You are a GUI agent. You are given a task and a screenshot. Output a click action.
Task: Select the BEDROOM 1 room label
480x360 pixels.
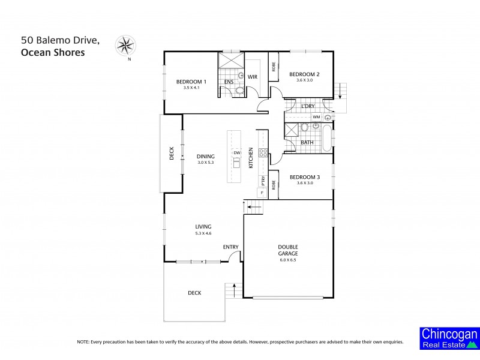pos(191,82)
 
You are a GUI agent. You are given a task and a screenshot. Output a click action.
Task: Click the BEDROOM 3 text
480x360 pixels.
pos(304,177)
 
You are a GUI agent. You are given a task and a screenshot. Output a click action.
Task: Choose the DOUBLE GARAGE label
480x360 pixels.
pos(288,250)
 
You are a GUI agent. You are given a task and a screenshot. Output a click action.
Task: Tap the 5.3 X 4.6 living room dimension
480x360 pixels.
pos(203,233)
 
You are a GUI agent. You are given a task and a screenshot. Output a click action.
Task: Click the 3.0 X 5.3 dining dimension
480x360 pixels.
pos(206,163)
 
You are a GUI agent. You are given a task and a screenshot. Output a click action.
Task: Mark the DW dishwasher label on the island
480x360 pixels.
pos(237,153)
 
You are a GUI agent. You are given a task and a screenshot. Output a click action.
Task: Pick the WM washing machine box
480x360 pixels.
pos(316,116)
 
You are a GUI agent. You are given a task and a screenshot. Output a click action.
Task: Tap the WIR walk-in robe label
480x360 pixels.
pos(253,76)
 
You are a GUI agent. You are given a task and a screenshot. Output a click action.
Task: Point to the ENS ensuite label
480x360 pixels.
pos(229,82)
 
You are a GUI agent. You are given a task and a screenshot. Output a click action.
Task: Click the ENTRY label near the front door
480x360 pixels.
pos(231,247)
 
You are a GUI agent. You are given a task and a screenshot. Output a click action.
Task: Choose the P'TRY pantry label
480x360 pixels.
pos(263,180)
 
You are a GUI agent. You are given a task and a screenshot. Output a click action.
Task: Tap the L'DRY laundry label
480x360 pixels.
pos(308,106)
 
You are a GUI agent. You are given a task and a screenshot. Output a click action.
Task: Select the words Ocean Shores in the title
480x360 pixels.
pos(53,52)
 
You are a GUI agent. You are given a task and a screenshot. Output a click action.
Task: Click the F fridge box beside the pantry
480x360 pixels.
pos(262,192)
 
